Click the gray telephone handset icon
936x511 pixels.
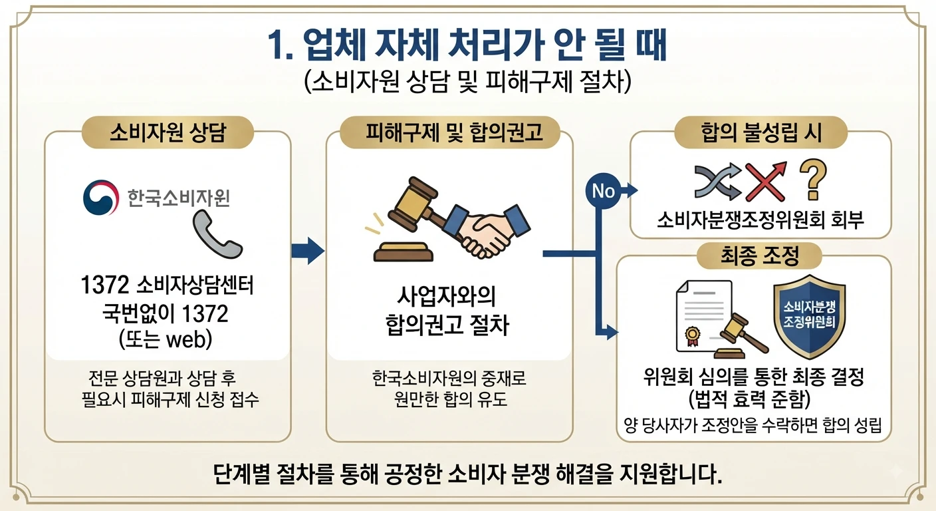click(217, 234)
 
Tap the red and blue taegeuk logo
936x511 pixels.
click(100, 198)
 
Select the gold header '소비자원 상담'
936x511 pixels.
click(168, 132)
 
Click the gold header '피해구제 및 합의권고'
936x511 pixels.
click(449, 132)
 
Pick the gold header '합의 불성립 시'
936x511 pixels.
click(760, 132)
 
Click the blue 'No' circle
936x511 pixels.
click(603, 191)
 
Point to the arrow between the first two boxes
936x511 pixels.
click(308, 251)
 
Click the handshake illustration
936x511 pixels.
click(485, 232)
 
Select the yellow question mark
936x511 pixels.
click(813, 180)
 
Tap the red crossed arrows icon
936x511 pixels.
click(766, 182)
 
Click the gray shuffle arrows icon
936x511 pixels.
click(718, 182)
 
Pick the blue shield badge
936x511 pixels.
click(810, 317)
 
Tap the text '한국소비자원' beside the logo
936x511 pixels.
click(178, 198)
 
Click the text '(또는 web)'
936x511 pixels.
click(166, 339)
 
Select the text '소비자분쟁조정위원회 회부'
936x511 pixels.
click(760, 220)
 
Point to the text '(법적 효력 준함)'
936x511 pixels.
click(750, 399)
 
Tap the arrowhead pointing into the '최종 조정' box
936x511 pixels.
click(612, 333)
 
